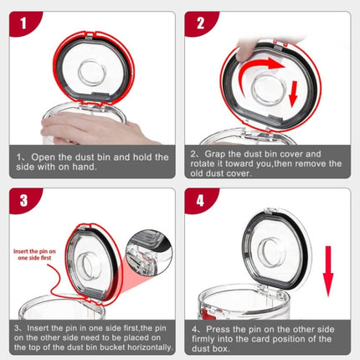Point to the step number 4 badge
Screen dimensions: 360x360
(x=201, y=201)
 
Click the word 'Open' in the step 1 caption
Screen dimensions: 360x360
(x=49, y=157)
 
